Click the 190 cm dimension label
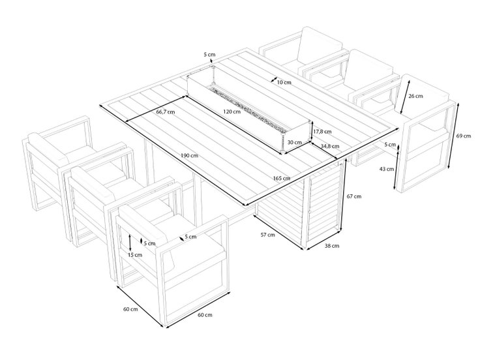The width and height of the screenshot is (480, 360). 189,155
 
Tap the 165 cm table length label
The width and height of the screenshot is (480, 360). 282,178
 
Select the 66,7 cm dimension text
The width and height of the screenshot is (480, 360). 165,112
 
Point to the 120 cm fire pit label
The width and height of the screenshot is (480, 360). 232,112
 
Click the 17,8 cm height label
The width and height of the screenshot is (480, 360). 322,132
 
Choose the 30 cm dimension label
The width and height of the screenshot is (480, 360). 295,142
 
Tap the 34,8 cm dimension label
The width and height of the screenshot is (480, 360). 330,146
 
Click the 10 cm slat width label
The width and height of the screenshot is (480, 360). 284,82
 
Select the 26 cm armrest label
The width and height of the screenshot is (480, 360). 415,96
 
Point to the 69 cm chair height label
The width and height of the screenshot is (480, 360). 464,136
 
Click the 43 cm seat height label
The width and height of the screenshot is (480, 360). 386,169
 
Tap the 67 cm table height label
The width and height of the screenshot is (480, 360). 354,196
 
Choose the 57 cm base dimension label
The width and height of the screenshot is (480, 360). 267,235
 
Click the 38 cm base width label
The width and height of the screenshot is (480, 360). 332,246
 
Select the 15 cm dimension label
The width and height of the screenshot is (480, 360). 135,255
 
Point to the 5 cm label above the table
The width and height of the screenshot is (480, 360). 209,55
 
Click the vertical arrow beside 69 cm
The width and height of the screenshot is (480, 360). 453,135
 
